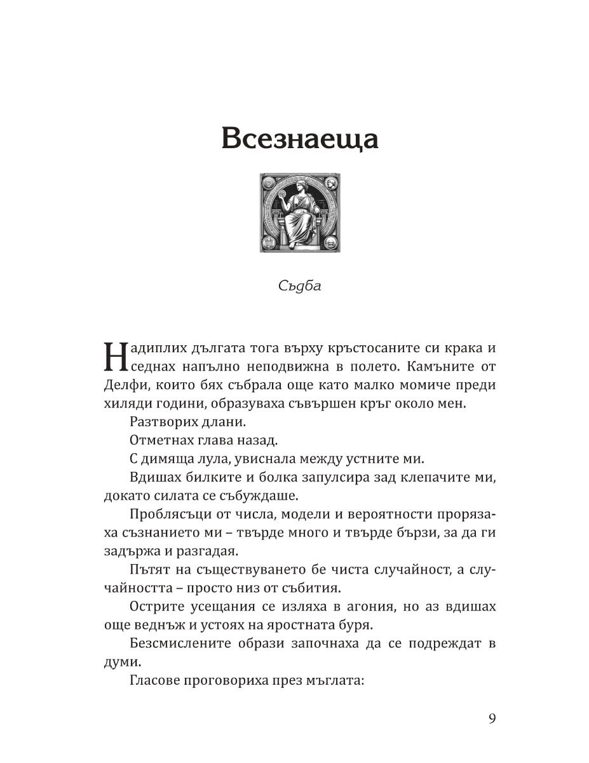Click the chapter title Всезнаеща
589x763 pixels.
pyautogui.click(x=299, y=138)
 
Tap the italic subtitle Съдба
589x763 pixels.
pyautogui.click(x=300, y=285)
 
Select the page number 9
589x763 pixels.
pyautogui.click(x=492, y=718)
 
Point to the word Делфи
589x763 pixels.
pyautogui.click(x=120, y=386)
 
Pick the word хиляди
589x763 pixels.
pyautogui.click(x=122, y=404)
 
